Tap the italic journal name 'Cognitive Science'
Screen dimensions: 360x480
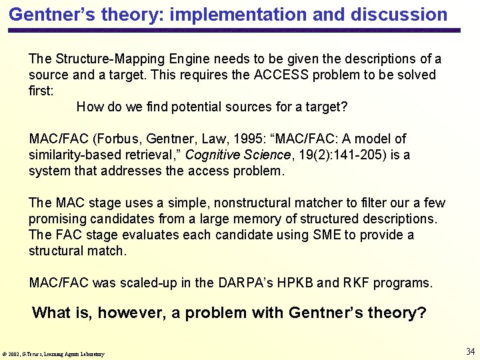[237, 155]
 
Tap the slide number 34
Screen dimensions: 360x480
[470, 351]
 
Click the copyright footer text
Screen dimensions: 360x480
[53, 353]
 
